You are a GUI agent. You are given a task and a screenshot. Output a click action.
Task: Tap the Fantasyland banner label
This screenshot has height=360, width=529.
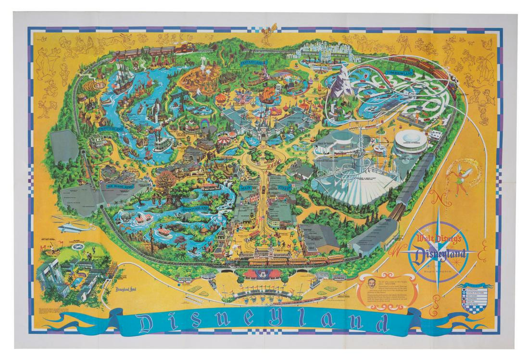pos(252,62)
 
